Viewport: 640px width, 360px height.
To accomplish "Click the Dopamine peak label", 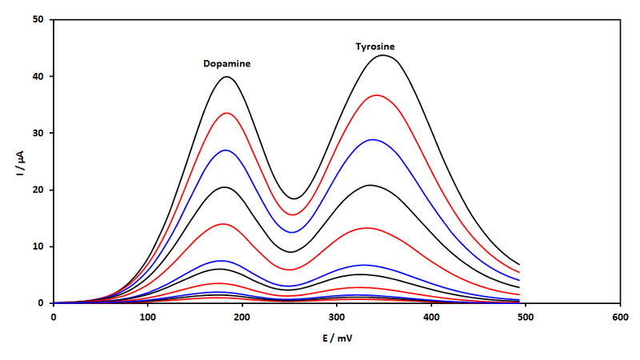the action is pos(226,64).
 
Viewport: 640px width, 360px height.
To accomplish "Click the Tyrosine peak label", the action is pos(375,46).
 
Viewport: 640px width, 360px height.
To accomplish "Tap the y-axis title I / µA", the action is pos(20,163).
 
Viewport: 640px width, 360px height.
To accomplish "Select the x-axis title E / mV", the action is pos(337,338).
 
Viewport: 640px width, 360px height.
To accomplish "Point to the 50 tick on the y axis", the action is pos(38,19).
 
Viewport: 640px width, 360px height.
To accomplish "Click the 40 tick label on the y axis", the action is pos(38,76).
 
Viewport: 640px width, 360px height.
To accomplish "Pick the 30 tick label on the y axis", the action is pos(38,133).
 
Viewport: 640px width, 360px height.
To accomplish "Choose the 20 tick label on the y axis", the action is pos(38,190).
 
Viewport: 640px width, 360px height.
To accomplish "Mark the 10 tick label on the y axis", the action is pos(38,246).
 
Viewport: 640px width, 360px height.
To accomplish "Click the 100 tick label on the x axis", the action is pos(148,318).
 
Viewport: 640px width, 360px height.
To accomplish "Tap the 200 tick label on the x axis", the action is pos(242,318).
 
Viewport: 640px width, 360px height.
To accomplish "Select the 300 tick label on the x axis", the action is pos(337,318).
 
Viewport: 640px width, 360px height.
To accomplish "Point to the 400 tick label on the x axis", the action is pos(431,318).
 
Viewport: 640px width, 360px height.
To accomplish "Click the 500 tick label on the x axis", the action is pos(526,318).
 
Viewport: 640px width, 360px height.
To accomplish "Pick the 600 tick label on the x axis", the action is pos(621,318).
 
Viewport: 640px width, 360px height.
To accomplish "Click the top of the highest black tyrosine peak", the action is pos(383,55).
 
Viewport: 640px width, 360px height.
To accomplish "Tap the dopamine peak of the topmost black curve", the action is pos(226,77).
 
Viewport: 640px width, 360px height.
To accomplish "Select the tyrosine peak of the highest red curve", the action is pos(376,95).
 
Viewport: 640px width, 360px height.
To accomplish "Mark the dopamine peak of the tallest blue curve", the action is pos(226,150).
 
